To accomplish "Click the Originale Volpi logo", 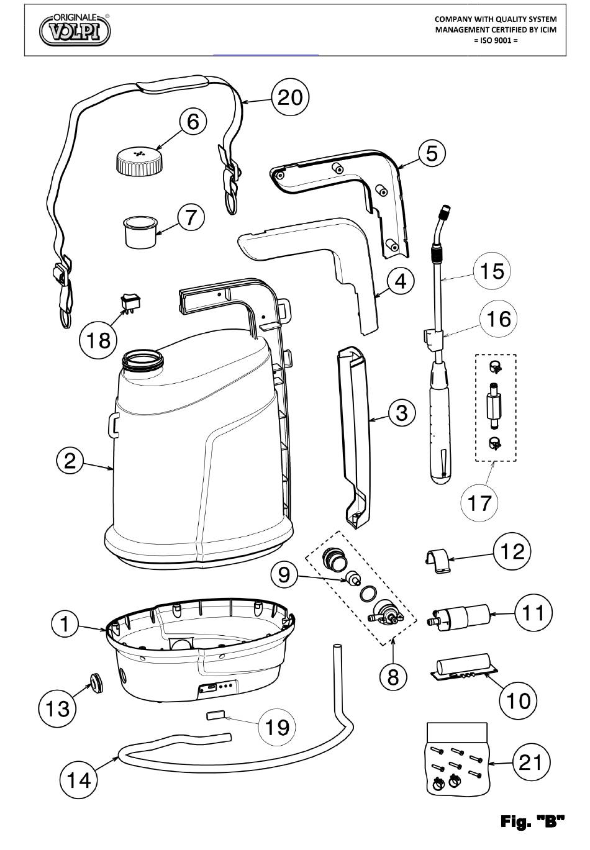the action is (x=75, y=30).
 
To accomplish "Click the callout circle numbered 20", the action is (x=291, y=97).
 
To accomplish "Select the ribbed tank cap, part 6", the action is (x=140, y=161).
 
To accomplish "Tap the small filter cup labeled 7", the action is (x=140, y=232).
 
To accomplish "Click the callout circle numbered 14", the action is (x=79, y=780).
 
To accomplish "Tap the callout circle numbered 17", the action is (x=479, y=503).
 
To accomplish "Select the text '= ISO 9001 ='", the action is (x=496, y=40).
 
